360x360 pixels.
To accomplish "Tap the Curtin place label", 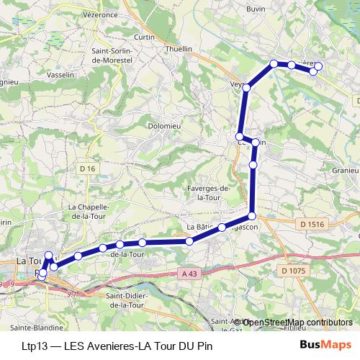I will point(145,37).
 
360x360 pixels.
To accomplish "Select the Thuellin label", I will point(179,48).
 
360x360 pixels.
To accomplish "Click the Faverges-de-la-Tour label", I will point(207,192).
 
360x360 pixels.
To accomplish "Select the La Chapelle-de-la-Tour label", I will point(87,211).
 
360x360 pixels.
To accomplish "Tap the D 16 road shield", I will point(87,168).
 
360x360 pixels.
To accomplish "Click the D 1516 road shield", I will point(312,225).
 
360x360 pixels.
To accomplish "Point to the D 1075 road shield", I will point(294,271).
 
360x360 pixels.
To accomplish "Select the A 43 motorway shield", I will point(189,274).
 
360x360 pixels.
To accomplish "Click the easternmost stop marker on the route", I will point(318,67).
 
